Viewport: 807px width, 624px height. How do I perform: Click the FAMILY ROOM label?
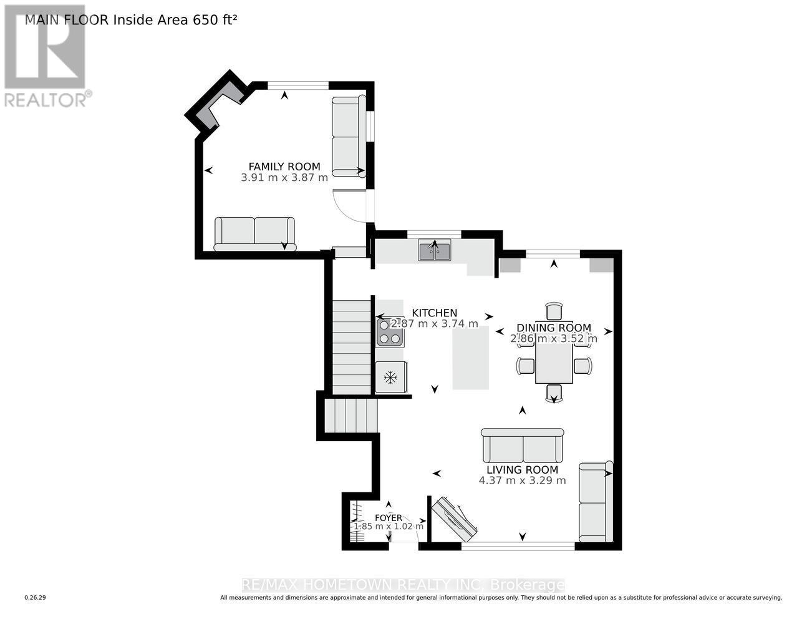(284, 167)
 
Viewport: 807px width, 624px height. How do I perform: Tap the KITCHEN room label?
(435, 313)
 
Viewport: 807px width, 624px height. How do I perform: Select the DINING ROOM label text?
(554, 328)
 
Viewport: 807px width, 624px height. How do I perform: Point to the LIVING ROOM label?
(523, 470)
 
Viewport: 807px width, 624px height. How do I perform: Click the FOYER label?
(389, 517)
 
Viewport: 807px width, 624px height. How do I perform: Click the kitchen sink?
(435, 251)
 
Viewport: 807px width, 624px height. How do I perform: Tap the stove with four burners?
(390, 332)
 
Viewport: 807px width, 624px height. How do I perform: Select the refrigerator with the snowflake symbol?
(391, 377)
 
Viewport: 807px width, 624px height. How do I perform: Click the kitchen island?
(470, 359)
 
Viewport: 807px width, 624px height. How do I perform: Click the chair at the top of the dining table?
(554, 311)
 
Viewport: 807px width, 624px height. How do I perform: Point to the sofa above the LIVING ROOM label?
(523, 446)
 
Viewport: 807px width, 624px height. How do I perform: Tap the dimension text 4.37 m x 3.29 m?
(523, 480)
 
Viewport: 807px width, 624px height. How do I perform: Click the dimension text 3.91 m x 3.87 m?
(284, 177)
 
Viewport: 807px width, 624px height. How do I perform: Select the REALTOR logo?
(47, 56)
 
